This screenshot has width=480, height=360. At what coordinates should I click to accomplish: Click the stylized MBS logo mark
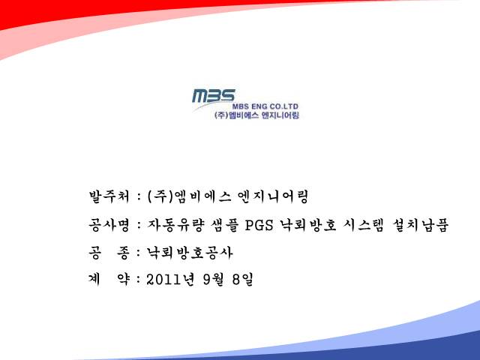click(214, 95)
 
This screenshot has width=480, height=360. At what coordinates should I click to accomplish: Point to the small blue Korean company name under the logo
click(256, 115)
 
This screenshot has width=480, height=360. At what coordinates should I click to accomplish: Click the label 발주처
click(109, 196)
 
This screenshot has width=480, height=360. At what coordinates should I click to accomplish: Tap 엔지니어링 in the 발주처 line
click(273, 196)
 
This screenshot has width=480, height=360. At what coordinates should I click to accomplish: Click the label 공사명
click(109, 225)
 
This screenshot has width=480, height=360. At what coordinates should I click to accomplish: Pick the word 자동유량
click(175, 225)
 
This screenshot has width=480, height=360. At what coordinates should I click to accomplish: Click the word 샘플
click(225, 225)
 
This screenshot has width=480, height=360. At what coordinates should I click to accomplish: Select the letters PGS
click(259, 225)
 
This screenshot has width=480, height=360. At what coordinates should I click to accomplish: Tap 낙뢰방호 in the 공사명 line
click(308, 225)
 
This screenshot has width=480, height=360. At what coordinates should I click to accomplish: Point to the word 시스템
click(363, 225)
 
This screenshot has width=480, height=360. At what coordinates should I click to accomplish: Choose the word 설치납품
click(420, 225)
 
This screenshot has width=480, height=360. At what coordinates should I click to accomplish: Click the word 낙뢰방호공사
click(190, 253)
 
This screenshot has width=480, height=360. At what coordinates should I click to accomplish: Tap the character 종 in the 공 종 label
click(123, 253)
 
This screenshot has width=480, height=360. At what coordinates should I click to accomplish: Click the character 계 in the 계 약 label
click(94, 279)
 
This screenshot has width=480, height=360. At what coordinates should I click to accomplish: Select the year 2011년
click(170, 279)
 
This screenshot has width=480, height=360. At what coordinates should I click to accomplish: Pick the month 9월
click(214, 279)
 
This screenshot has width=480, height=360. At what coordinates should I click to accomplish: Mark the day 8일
click(243, 279)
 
